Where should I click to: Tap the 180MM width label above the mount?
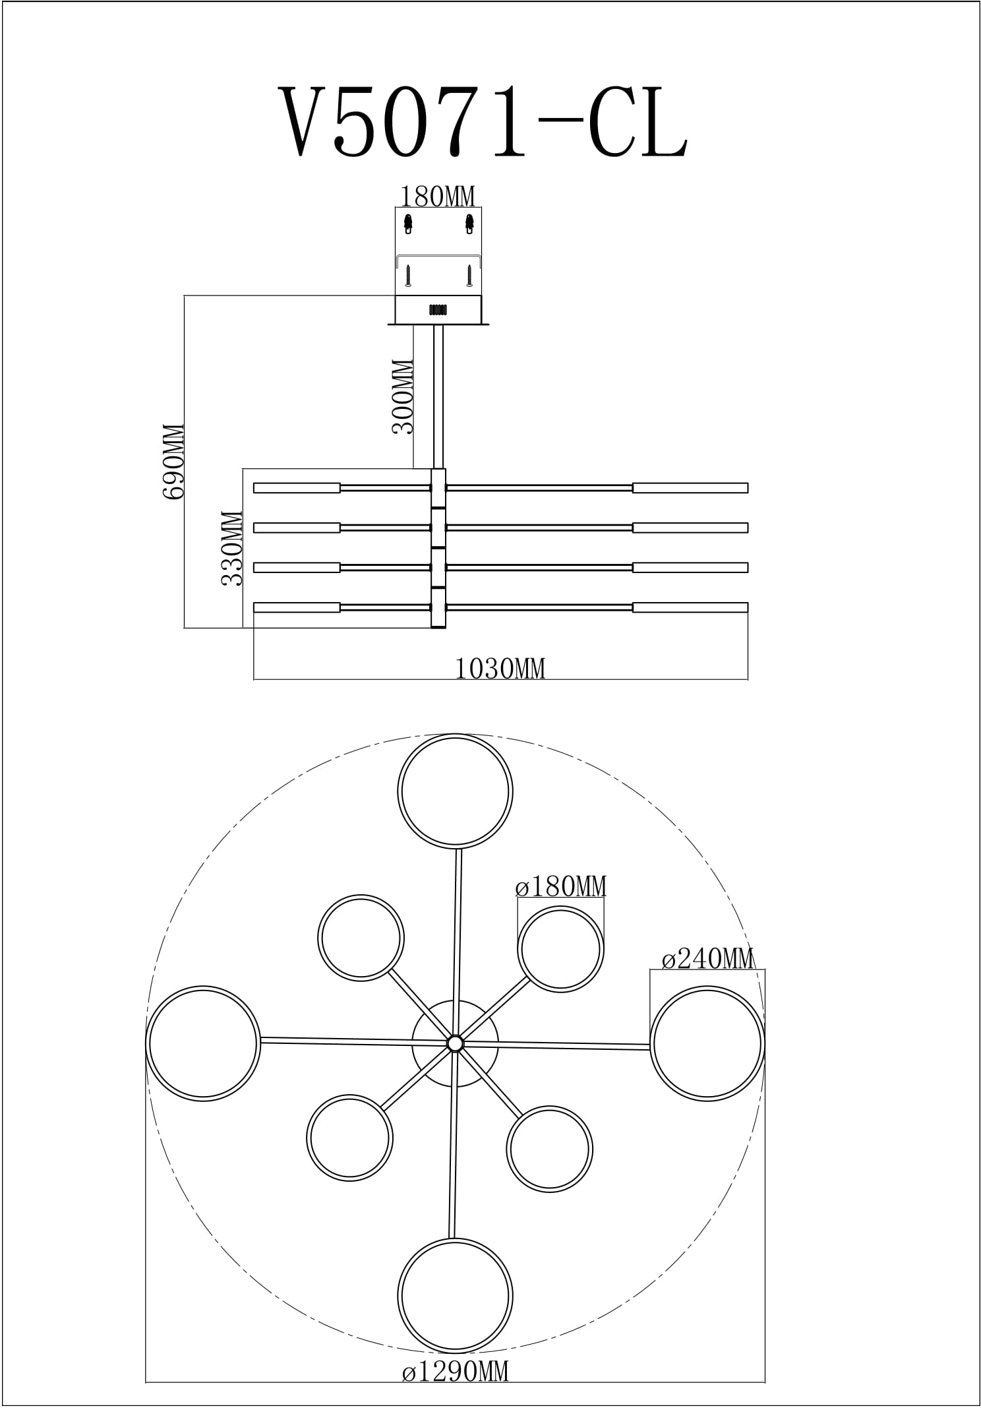[x=438, y=197]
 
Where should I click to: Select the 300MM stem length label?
[x=403, y=396]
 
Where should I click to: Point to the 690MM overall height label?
[x=173, y=462]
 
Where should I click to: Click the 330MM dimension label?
[x=232, y=548]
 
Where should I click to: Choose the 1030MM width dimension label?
[x=500, y=669]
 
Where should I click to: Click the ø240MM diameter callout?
[x=707, y=958]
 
